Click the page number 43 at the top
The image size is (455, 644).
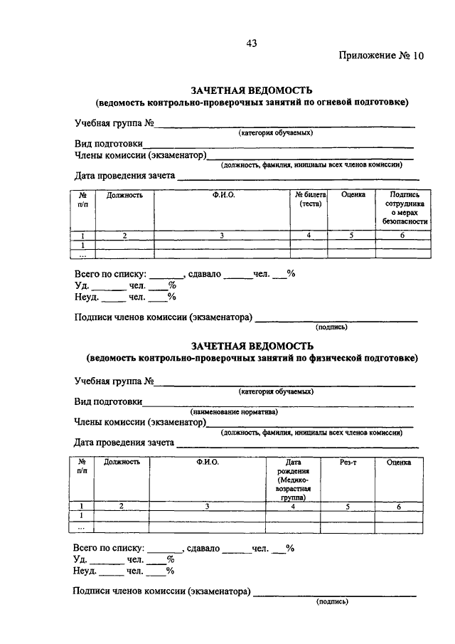(x=251, y=43)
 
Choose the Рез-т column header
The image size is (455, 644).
(x=348, y=463)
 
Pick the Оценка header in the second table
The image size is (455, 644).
(x=399, y=463)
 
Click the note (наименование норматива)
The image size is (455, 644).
(x=234, y=412)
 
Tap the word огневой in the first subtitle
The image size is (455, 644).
(x=328, y=102)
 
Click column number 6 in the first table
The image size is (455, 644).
(x=402, y=236)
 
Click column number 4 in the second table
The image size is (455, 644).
(x=293, y=506)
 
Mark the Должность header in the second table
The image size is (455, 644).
(x=122, y=463)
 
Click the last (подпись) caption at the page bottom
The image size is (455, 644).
(x=331, y=602)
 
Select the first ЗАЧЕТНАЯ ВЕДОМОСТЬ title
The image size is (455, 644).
(x=252, y=90)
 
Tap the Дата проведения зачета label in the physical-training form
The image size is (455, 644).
(x=124, y=443)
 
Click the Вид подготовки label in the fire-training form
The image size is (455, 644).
(x=108, y=143)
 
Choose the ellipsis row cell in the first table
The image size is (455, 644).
(x=82, y=253)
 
